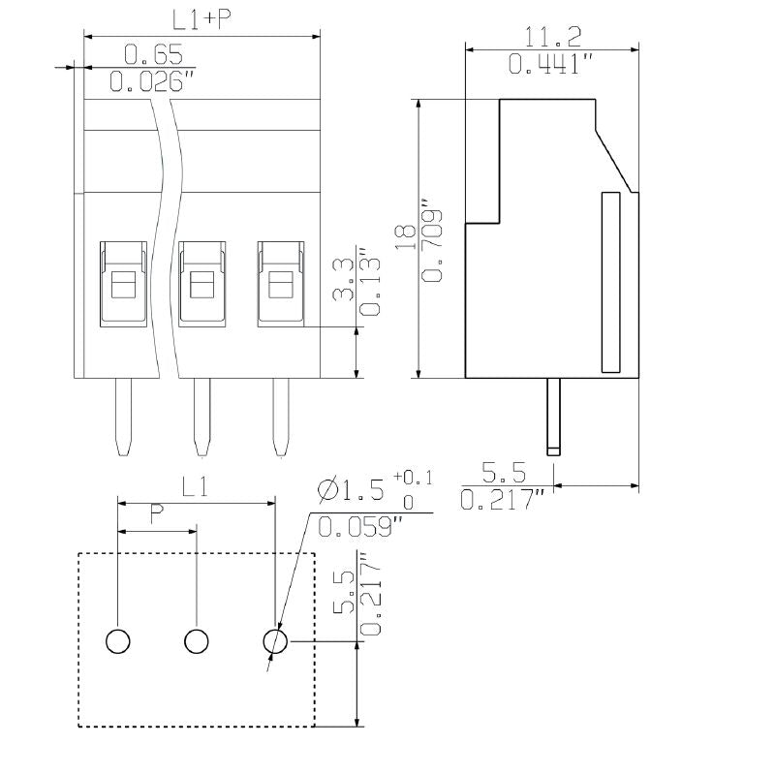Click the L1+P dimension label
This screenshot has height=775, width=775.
(x=196, y=20)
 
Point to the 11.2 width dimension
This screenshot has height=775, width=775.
(x=553, y=37)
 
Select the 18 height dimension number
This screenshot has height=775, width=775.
(x=406, y=238)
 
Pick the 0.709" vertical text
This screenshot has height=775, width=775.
(x=432, y=243)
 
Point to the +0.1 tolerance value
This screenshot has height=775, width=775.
(x=414, y=479)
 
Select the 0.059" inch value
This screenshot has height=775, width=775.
(x=360, y=527)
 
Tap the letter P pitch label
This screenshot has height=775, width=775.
(x=156, y=515)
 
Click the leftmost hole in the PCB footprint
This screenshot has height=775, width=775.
(x=117, y=640)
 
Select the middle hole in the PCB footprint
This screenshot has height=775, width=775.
(x=197, y=640)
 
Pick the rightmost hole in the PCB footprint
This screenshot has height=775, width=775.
(x=276, y=640)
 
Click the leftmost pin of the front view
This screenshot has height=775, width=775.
(x=123, y=417)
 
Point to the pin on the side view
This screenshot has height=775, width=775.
(x=553, y=417)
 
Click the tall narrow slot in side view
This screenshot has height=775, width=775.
(x=610, y=282)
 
